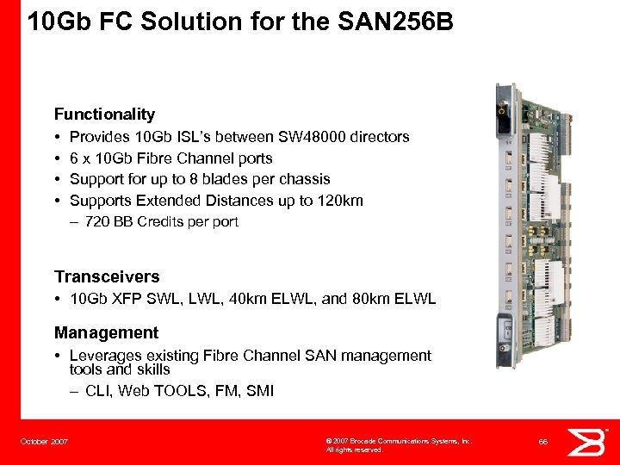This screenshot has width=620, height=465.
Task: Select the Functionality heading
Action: coord(104,114)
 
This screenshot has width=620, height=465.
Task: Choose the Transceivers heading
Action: coord(107,276)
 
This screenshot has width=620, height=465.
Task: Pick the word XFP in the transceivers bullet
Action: coord(126,300)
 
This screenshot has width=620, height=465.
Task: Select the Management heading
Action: coord(106,332)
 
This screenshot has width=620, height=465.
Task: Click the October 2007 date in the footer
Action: coord(44,442)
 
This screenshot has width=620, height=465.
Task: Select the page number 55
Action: coord(543,441)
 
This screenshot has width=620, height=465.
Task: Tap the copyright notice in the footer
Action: coord(398,444)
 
